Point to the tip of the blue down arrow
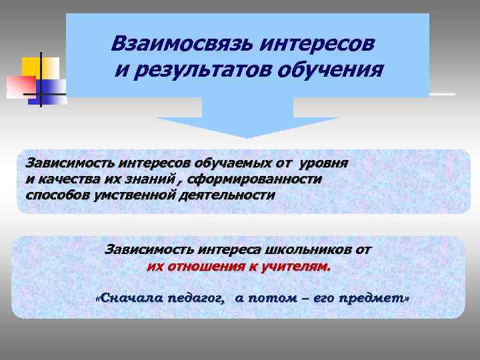(247, 137)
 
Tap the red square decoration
(20, 86)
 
